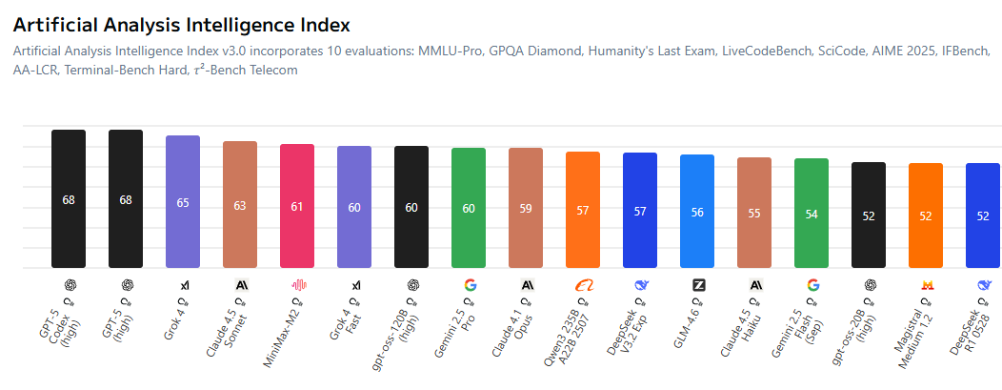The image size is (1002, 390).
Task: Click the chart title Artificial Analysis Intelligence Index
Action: pyautogui.click(x=181, y=25)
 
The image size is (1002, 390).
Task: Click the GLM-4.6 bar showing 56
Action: pyautogui.click(x=697, y=211)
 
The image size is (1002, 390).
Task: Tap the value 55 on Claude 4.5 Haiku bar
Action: pyautogui.click(x=754, y=214)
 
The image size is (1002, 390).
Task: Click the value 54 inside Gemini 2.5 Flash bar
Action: pyautogui.click(x=812, y=215)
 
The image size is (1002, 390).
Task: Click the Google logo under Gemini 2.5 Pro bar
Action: pyautogui.click(x=470, y=284)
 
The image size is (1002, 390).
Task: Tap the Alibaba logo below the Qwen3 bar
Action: pyautogui.click(x=584, y=284)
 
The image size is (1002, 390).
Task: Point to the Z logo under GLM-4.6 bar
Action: pyautogui.click(x=698, y=284)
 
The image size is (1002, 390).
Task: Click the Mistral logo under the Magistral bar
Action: pyautogui.click(x=927, y=284)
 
